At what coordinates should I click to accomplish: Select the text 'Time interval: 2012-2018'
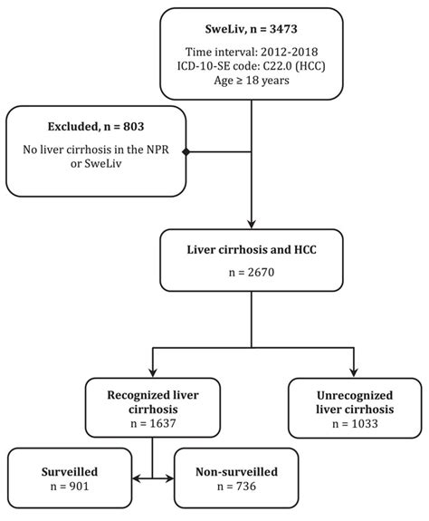point(258,52)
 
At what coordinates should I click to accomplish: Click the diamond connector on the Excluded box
point(186,152)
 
